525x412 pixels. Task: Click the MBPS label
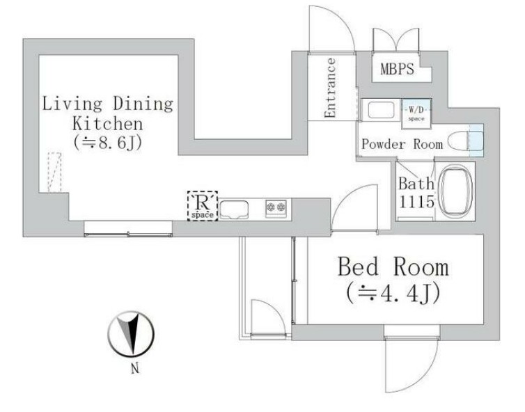(397, 69)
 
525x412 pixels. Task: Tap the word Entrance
(330, 88)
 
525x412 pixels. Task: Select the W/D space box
(416, 114)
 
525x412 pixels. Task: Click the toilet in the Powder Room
(465, 141)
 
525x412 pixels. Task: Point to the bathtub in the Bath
(455, 191)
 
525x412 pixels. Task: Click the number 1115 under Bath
(416, 202)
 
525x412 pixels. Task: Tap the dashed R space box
(203, 206)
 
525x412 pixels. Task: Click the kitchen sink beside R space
(234, 209)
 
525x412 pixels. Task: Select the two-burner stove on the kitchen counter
(276, 208)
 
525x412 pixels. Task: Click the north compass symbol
(131, 333)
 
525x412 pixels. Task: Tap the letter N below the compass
(135, 369)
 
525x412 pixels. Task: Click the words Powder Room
(402, 144)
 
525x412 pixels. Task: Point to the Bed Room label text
(393, 267)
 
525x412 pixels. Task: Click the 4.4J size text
(393, 293)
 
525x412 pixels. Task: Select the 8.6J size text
(108, 143)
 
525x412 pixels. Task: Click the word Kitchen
(108, 123)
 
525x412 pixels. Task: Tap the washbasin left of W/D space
(381, 110)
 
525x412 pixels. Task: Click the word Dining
(143, 104)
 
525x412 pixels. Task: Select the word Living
(72, 104)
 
